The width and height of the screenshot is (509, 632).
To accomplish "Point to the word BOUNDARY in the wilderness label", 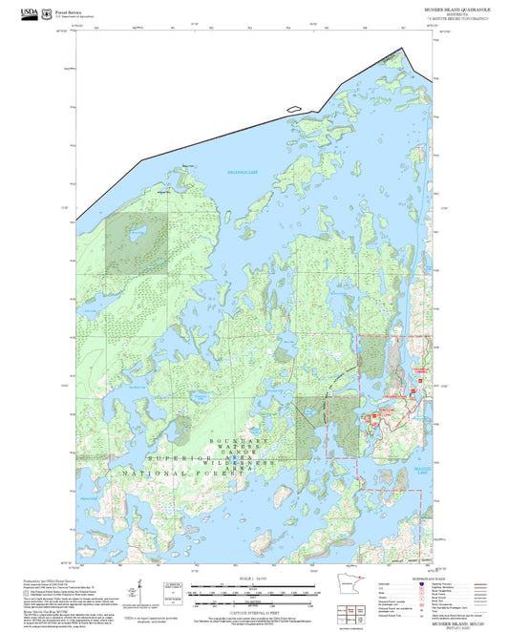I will coord(230,439).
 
